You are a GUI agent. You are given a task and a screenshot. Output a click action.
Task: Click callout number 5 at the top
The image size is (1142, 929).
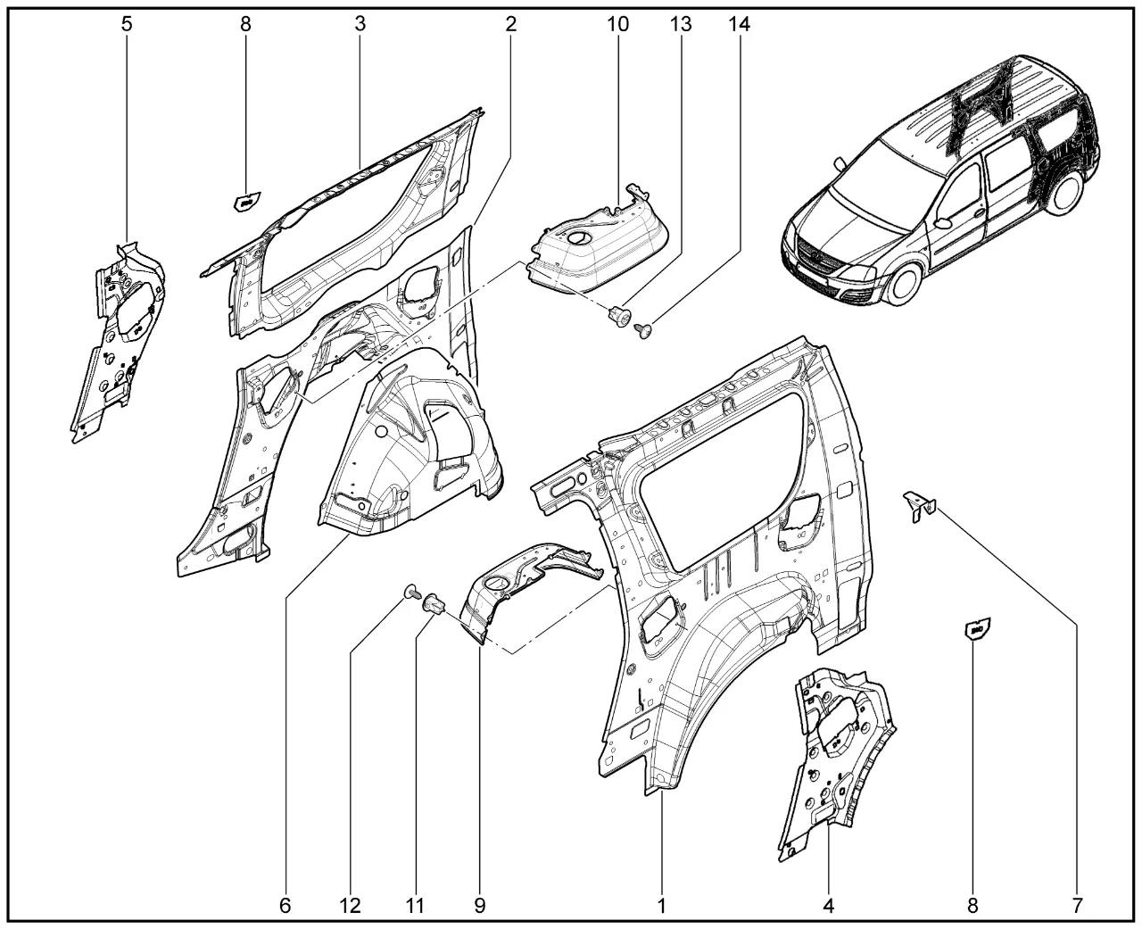(x=127, y=24)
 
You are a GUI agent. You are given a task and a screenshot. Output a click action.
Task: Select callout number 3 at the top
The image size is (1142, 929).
(x=360, y=24)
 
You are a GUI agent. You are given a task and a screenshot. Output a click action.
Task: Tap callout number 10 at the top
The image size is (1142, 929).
(x=617, y=24)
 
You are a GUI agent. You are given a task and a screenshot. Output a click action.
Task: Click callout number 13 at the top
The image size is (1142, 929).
(x=681, y=24)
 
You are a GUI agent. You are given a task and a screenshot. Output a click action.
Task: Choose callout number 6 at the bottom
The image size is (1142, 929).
(x=285, y=907)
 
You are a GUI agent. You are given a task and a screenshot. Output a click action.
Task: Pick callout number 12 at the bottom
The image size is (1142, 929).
(x=350, y=907)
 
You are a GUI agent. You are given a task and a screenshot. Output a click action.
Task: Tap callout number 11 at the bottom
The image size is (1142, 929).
(x=414, y=907)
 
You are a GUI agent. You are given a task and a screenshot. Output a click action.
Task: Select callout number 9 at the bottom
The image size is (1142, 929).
(x=479, y=907)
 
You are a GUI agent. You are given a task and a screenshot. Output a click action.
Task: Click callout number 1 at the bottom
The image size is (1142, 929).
(x=662, y=907)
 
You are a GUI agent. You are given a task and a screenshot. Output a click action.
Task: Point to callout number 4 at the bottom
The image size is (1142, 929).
(x=828, y=907)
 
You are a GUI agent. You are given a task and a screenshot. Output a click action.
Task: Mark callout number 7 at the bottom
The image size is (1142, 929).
(x=1077, y=907)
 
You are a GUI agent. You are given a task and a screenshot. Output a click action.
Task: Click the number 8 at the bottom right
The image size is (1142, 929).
(x=973, y=907)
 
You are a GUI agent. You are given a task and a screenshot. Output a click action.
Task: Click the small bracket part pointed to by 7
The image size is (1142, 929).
(x=918, y=507)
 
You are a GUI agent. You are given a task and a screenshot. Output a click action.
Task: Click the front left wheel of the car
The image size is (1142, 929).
(x=904, y=280)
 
